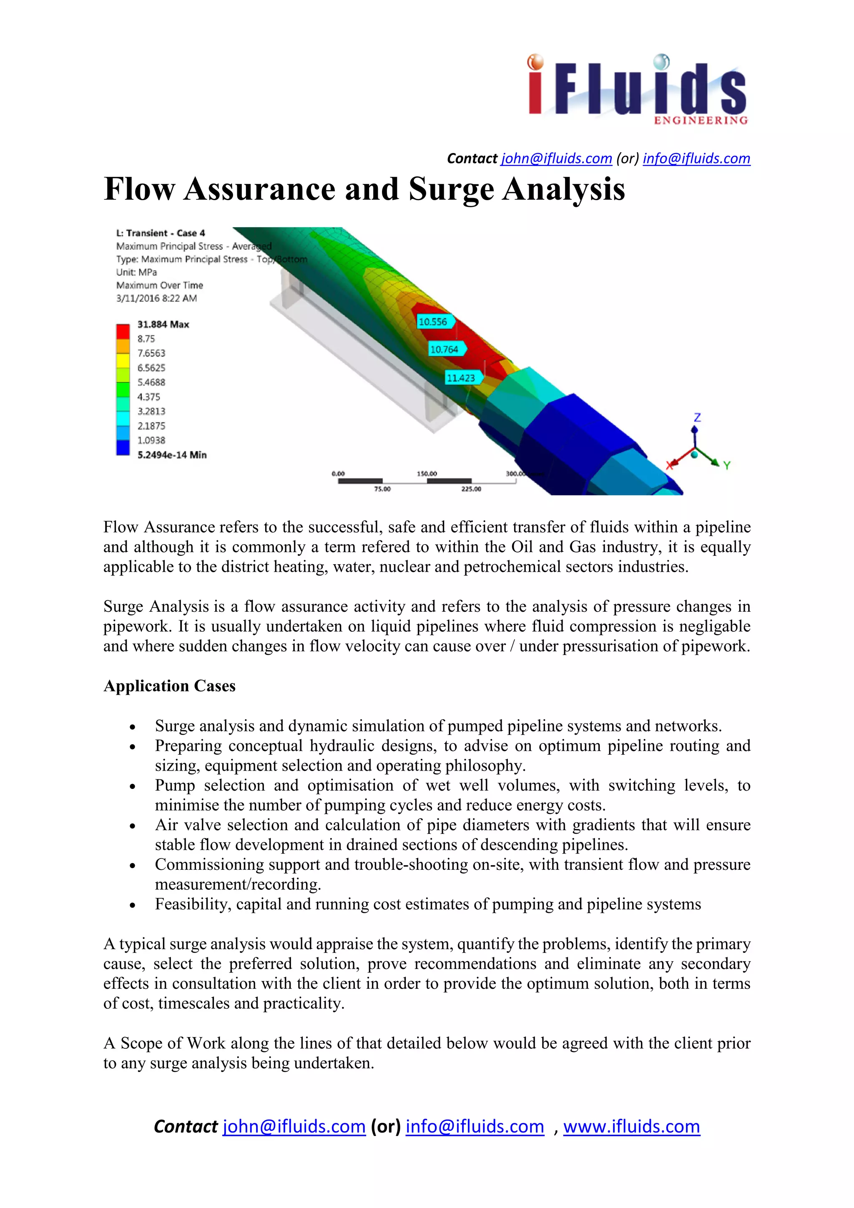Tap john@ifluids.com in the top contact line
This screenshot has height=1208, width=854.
click(x=556, y=158)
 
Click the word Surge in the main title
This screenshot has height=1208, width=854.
click(x=450, y=189)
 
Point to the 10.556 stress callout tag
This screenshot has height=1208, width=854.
click(x=433, y=321)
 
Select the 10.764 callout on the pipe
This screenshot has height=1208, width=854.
click(x=445, y=349)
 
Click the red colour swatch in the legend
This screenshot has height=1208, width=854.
click(x=123, y=332)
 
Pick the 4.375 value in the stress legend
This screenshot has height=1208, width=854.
click(x=149, y=397)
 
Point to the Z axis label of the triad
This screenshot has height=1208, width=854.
click(x=697, y=418)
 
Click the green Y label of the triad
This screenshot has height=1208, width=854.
click(x=727, y=465)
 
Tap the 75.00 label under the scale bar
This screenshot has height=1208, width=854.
click(x=382, y=489)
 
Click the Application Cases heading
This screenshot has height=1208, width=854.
click(x=169, y=686)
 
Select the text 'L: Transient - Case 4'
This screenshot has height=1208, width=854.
click(x=161, y=233)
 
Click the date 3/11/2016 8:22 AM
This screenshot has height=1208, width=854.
click(x=156, y=298)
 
